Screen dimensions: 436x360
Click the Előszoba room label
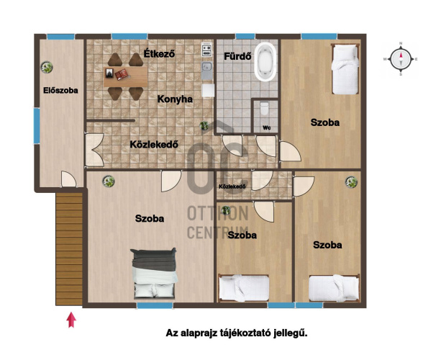pos(60,91)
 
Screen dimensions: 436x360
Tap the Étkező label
pos(159,53)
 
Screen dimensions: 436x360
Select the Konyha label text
pos(175,99)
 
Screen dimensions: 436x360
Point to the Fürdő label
pos(237,56)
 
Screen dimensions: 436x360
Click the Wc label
pos(267,128)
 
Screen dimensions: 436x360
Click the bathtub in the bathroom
pos(265,62)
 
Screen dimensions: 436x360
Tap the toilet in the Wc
pos(264,109)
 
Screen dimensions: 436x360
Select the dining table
pos(126,76)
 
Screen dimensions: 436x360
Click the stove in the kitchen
pos(206,50)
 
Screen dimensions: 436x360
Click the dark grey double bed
pos(154,274)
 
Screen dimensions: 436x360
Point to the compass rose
pos(401,59)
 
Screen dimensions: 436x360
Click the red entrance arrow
pos(71,320)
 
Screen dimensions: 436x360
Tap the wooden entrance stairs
pos(69,249)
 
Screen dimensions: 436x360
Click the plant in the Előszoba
pos(47,67)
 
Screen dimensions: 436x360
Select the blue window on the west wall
pos(37,125)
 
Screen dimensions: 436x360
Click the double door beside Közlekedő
pos(94,150)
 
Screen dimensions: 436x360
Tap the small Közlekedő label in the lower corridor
pos(232,186)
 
